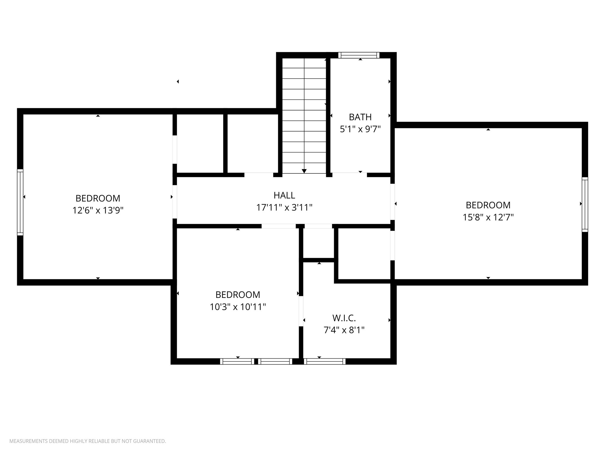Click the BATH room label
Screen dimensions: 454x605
[x=360, y=117]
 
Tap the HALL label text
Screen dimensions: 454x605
[x=284, y=195]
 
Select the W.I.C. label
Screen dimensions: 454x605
[x=344, y=318]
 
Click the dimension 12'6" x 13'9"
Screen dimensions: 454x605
[x=98, y=210]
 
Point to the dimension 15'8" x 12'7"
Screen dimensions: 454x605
[x=488, y=218]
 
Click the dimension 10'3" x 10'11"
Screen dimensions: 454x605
[x=238, y=307]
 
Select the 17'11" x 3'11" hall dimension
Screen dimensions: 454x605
[x=284, y=207]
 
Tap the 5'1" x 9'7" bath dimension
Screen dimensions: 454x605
[x=360, y=129]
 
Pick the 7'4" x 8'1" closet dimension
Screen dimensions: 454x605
[x=344, y=330]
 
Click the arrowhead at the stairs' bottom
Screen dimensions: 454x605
[x=304, y=171]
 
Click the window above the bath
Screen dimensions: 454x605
[x=359, y=55]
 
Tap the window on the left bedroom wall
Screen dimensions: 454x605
[x=20, y=202]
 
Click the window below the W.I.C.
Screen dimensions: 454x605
[x=324, y=361]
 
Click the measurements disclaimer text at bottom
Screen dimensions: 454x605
[x=88, y=441]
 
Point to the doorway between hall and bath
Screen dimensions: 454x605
[x=349, y=175]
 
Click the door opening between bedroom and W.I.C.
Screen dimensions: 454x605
[x=301, y=311]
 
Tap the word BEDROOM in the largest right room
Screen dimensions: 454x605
[x=488, y=205]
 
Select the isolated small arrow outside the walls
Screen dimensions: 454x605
[x=178, y=82]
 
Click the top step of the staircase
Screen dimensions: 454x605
[x=304, y=63]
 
